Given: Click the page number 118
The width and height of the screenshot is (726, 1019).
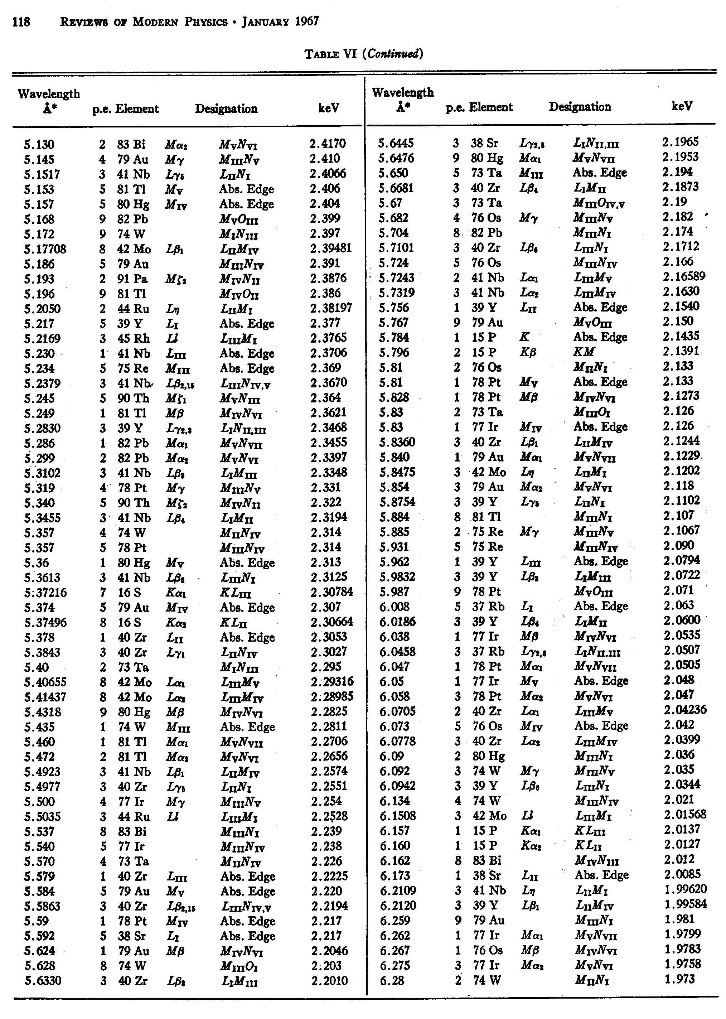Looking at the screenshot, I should pos(21,22).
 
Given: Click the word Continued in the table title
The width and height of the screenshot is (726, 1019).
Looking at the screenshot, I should pos(393,54).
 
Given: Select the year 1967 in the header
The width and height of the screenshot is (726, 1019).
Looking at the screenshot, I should pos(307,21).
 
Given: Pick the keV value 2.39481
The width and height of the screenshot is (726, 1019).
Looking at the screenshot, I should pos(331,248).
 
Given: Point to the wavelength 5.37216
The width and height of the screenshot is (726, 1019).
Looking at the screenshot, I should pos(45,593).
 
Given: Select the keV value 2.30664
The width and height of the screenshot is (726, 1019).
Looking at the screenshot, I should pos(332,622).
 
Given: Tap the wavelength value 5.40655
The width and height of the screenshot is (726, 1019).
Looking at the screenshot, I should pos(45,682).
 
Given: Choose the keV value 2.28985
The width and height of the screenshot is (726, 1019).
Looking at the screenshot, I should pos(332,697).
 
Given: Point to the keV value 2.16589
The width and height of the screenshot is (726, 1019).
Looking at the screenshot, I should pos(684,276).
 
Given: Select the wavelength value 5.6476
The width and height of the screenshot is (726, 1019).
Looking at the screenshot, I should pos(396,158).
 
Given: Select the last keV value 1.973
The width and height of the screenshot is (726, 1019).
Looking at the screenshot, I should pos(679,979).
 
